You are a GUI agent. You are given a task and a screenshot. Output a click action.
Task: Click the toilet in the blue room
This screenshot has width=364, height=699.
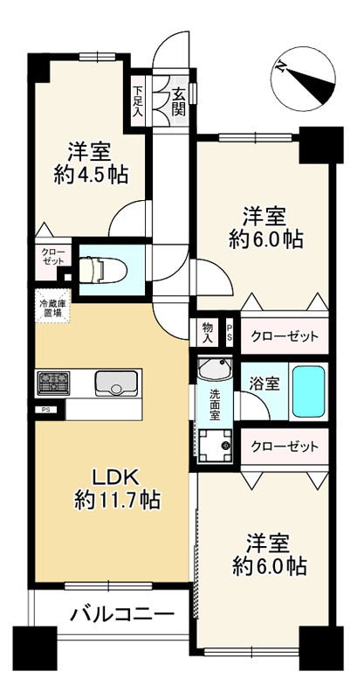tap(103, 270)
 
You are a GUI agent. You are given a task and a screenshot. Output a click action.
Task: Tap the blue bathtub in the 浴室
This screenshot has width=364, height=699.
tap(308, 391)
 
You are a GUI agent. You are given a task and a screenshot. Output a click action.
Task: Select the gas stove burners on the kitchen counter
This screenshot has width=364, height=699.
tap(53, 383)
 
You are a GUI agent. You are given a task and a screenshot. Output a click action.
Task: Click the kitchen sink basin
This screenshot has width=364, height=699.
tap(115, 384)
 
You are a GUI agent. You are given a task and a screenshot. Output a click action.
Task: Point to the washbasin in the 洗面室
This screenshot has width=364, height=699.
tap(215, 369)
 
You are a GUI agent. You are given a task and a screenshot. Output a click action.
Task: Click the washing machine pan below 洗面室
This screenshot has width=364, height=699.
tap(216, 446)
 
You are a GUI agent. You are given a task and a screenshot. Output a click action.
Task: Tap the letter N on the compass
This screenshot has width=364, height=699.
tap(280, 67)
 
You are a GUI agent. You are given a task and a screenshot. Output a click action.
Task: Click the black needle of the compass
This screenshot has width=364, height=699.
tap(312, 85)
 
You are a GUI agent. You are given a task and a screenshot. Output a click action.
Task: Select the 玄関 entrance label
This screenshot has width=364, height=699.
tap(179, 102)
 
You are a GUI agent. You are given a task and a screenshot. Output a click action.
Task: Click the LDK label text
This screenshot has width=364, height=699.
tap(116, 478)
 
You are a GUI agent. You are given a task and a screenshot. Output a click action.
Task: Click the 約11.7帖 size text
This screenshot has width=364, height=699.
tap(117, 501)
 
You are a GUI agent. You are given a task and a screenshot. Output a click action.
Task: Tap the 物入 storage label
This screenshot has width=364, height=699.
tap(208, 333)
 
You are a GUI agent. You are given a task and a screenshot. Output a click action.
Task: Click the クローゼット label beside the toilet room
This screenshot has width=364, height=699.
tap(52, 256)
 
